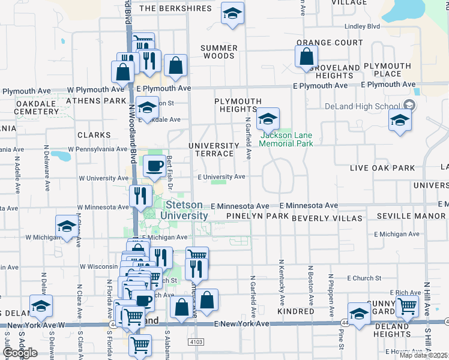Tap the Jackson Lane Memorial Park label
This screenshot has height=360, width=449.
tap(286, 139)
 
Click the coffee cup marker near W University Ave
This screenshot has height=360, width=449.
tap(154, 166)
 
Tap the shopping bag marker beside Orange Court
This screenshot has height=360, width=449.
tap(306, 58)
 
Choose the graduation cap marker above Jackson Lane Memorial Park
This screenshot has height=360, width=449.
tap(268, 118)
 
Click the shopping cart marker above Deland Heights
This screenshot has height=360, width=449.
tap(408, 305)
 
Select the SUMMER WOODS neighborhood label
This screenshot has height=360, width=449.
tap(218, 52)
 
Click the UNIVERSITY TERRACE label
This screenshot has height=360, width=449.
tap(214, 150)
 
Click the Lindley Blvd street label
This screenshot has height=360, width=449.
tap(362, 26)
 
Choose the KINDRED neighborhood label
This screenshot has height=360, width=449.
tap(295, 312)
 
